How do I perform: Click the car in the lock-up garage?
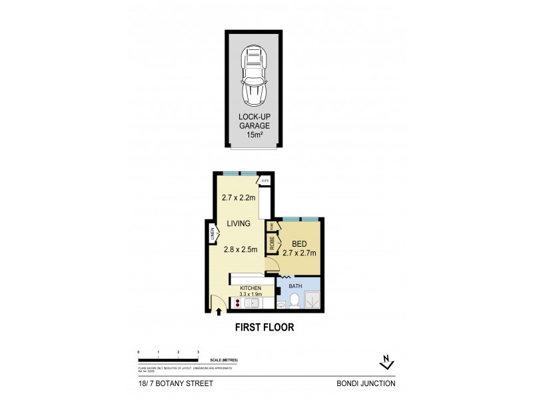pos(253,77)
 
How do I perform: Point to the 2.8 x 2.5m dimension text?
pos(239,251)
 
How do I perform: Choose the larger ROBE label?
pos(272,243)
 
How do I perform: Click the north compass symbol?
pos(385,362)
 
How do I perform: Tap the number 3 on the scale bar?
pos(199,351)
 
